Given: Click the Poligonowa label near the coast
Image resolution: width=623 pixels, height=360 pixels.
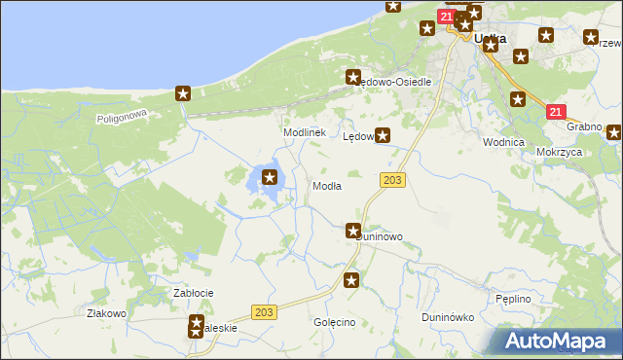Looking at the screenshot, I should pos(121,117).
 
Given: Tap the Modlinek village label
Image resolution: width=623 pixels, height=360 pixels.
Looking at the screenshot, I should pos(303,132).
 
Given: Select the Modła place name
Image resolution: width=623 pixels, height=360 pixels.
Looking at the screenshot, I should pos(325,186).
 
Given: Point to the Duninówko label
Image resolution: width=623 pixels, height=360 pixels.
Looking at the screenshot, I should pos(447,317).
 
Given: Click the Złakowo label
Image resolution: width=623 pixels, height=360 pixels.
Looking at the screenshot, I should pos(107,313).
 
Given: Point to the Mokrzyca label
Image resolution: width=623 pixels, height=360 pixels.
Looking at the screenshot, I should pos(559,153).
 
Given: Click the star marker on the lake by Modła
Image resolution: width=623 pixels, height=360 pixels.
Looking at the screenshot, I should pos(270,177).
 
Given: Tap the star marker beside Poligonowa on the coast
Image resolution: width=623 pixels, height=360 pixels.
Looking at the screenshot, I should pos(182,93).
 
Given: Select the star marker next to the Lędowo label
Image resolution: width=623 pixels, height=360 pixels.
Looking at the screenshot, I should pos(384,136).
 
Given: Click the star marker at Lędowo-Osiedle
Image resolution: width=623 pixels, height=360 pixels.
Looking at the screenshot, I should pos(353,76).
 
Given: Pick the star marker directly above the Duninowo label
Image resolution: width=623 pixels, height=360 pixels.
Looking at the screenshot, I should pos(352,230).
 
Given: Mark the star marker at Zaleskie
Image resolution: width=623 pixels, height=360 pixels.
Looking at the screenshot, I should pos(197,326).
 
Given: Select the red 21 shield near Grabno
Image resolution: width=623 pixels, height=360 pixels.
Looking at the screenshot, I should pos(555,113).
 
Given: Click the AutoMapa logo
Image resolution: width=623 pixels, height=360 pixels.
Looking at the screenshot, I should pos(558,341).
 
